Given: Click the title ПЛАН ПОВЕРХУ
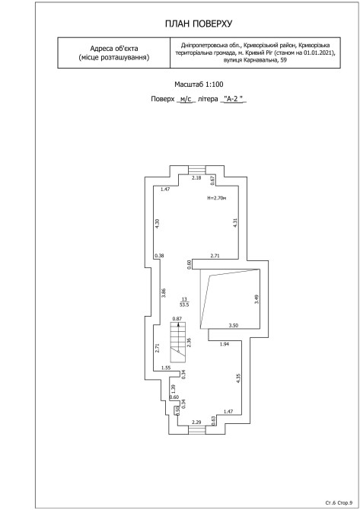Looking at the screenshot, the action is (199, 24).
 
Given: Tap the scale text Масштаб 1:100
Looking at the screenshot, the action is (199, 84).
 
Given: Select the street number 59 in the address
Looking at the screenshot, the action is (284, 60).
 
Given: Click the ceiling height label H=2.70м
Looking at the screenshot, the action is (217, 198).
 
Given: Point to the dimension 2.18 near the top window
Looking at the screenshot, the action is (196, 177).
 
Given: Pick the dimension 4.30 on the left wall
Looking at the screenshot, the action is (158, 224).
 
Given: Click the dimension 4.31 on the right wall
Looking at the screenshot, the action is (236, 223).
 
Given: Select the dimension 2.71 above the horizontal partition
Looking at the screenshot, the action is (215, 256).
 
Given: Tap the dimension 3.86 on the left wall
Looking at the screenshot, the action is (164, 293).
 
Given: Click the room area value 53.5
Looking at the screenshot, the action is (184, 305).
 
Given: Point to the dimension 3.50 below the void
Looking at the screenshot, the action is (234, 325).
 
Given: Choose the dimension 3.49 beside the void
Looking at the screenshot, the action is (256, 299).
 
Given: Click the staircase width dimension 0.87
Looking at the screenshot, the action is (177, 319).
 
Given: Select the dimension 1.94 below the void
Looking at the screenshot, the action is (225, 344).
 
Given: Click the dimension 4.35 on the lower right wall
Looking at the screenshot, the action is (238, 378).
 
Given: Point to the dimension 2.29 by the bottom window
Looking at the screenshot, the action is (196, 422).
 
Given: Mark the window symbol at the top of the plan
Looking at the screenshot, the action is (198, 170).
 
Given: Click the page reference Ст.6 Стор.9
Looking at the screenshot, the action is (339, 503).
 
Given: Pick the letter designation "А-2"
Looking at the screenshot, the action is (234, 99).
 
